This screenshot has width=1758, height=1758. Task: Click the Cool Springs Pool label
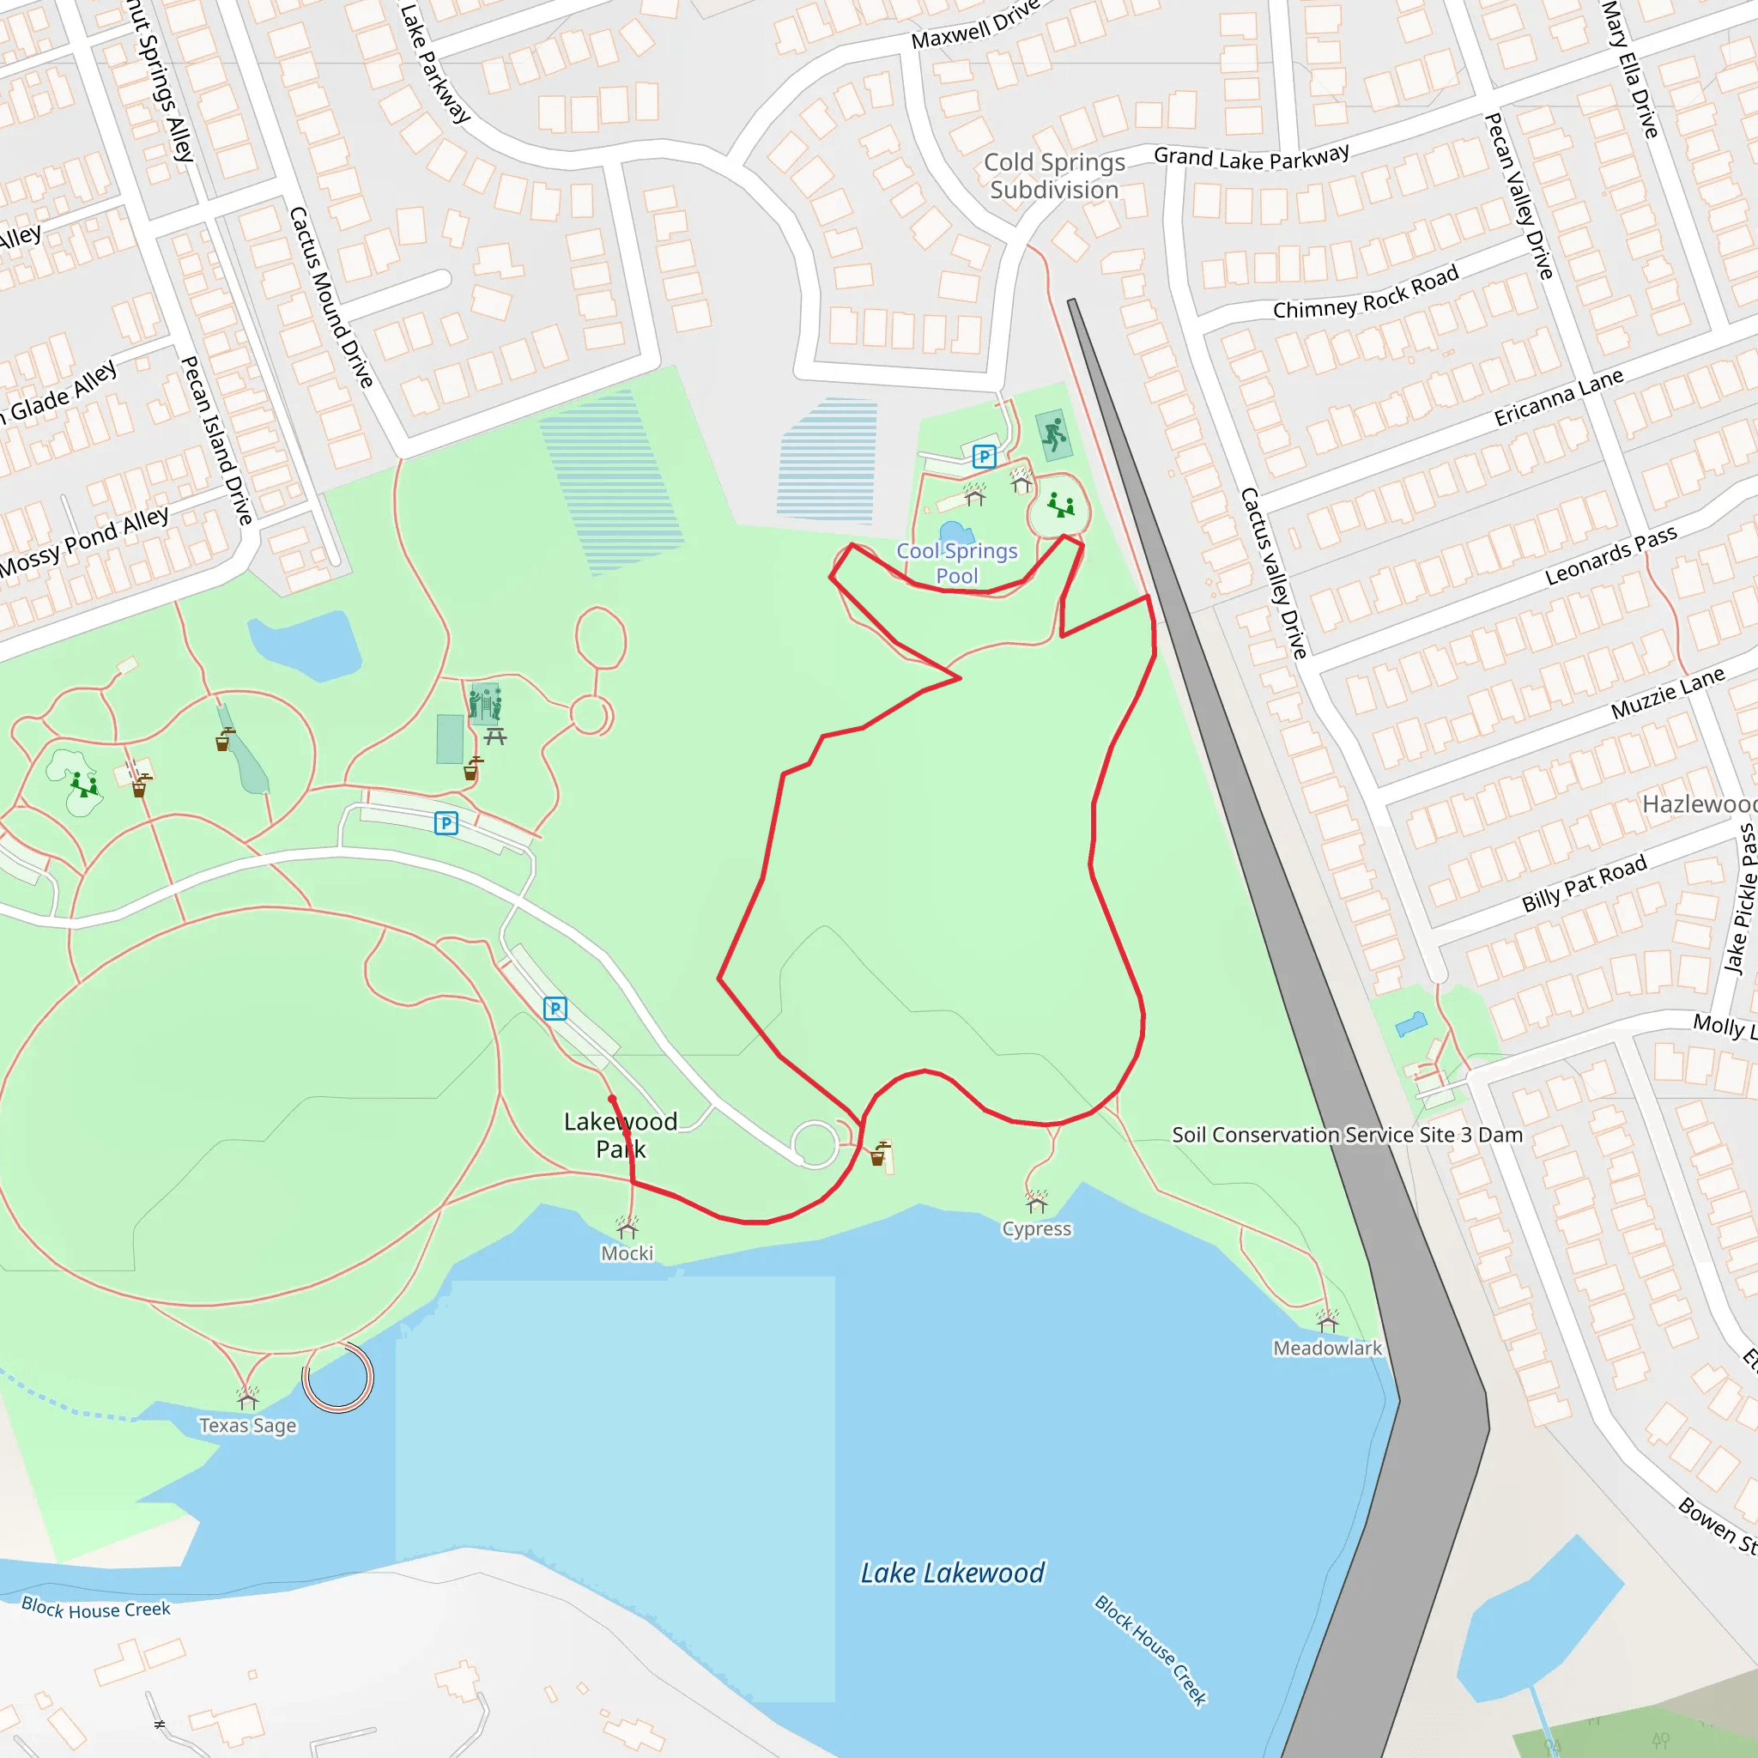pos(956,563)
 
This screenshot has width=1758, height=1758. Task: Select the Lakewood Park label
pos(621,1135)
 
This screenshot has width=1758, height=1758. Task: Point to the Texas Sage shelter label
pos(247,1425)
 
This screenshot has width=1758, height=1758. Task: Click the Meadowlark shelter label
pos(1327,1348)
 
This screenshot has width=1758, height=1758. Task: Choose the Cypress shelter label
pos(1036,1228)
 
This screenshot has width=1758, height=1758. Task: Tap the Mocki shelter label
pos(627,1253)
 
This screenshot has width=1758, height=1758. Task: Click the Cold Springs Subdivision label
pos(1055,176)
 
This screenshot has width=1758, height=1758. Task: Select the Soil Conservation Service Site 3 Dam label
pos(1347,1135)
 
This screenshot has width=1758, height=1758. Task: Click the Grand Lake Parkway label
pos(1252,157)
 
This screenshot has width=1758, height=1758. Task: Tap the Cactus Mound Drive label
pos(331,297)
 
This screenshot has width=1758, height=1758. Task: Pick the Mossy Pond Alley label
pos(84,543)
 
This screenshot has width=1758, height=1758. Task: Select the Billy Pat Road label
pos(1585,882)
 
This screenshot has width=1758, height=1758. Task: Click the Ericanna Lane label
pos(1559,397)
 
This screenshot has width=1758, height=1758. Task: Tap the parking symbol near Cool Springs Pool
pos(984,456)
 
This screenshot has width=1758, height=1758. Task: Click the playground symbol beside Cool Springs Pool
pos(1060,504)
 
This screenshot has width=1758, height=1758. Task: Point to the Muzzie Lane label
pos(1668,693)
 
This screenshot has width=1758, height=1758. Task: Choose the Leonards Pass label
pos(1610,555)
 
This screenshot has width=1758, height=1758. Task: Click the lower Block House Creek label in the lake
pos(1150,1650)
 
